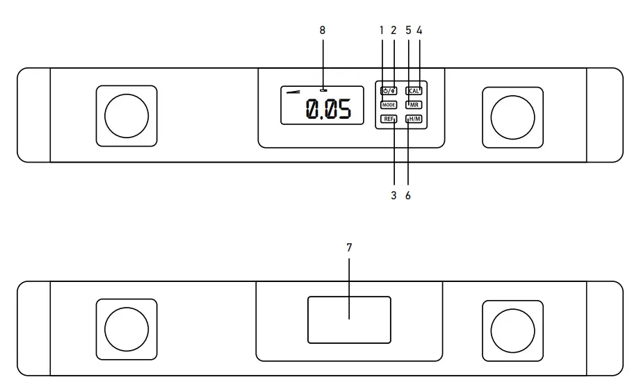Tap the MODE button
pyautogui.click(x=388, y=105)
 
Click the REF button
pyautogui.click(x=388, y=119)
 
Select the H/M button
pyautogui.click(x=414, y=119)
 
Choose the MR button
pyautogui.click(x=414, y=105)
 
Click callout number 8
pyautogui.click(x=322, y=30)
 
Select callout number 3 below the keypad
pyautogui.click(x=394, y=196)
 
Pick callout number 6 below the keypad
pyautogui.click(x=408, y=196)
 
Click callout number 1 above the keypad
pyautogui.click(x=382, y=30)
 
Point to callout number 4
pyautogui.click(x=419, y=30)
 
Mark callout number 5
pyautogui.click(x=408, y=30)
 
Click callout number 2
pyautogui.click(x=394, y=30)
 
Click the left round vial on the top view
pyautogui.click(x=126, y=116)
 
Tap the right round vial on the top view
pyautogui.click(x=512, y=116)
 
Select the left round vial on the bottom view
pyautogui.click(x=126, y=329)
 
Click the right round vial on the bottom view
pyautogui.click(x=512, y=329)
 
